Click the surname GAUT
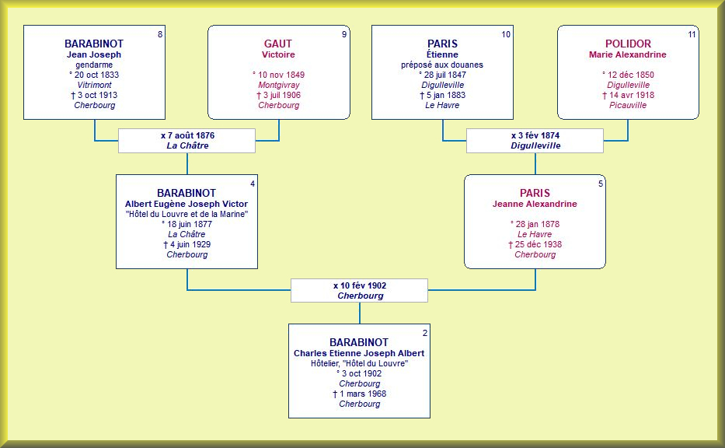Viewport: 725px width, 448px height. click(278, 44)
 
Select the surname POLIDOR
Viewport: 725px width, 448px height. click(628, 44)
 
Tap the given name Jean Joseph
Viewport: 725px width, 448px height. click(94, 54)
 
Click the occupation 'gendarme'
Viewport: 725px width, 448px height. click(94, 65)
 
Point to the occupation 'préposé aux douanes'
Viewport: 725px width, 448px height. click(442, 65)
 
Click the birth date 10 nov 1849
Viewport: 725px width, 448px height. click(281, 75)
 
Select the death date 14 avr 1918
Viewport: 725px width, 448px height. click(632, 96)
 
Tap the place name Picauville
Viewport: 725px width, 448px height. click(628, 105)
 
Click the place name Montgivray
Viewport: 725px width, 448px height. click(279, 85)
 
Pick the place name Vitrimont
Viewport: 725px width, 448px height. click(94, 85)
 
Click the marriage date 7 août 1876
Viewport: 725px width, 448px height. click(191, 135)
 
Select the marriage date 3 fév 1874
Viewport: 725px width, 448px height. click(539, 135)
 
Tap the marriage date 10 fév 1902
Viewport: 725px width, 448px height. click(363, 285)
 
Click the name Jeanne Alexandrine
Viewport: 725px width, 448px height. click(535, 204)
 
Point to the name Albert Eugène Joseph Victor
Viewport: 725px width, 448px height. click(186, 204)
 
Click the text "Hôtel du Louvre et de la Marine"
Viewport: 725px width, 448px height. click(186, 215)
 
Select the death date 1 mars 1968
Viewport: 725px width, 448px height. click(363, 394)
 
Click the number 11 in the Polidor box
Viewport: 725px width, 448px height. click(692, 34)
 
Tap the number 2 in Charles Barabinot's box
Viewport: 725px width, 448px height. click(425, 333)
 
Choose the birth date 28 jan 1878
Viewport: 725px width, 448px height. click(537, 225)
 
